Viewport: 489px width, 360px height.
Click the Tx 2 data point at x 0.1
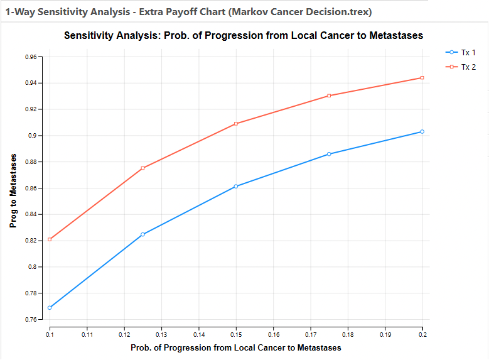click(50, 239)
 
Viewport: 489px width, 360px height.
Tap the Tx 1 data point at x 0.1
click(50, 308)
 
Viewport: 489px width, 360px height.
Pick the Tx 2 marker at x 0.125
click(143, 168)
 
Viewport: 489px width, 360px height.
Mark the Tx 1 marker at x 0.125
click(143, 234)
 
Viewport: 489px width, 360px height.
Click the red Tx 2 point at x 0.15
click(236, 124)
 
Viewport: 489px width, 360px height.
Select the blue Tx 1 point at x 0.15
click(236, 187)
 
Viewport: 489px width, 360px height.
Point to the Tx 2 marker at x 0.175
click(329, 96)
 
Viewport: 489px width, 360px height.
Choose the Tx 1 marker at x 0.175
click(329, 154)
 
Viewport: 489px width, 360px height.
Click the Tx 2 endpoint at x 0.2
click(422, 78)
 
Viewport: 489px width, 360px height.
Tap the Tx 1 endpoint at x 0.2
click(422, 132)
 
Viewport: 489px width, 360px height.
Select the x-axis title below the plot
click(236, 347)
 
